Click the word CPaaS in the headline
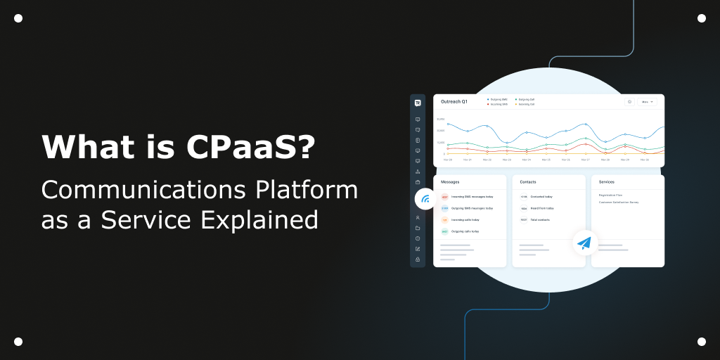(250, 148)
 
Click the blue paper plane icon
(584, 243)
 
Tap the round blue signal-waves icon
(425, 199)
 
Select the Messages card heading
(450, 182)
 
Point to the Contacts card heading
(528, 182)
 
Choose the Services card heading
(607, 182)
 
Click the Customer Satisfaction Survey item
(619, 202)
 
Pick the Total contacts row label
(540, 219)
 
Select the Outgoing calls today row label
(465, 231)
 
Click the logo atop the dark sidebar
(418, 103)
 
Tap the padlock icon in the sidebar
(418, 259)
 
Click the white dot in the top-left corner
(18, 18)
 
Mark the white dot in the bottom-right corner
(702, 342)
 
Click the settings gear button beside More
(629, 102)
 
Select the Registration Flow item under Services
(610, 195)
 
